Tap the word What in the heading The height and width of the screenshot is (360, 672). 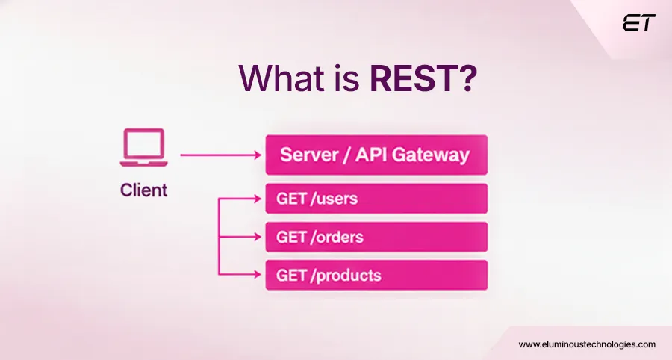pos(275,77)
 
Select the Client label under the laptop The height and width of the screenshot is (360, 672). pos(143,190)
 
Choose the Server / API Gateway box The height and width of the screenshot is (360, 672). pos(376,155)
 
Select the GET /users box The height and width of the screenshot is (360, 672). pos(376,199)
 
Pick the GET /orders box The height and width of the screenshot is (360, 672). pos(376,237)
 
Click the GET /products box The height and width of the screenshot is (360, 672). pos(376,275)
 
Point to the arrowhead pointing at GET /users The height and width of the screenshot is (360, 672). pos(259,199)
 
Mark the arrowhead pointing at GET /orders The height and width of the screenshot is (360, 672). pos(259,237)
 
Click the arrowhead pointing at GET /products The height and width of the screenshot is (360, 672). pos(259,275)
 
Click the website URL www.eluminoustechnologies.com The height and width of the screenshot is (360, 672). pos(586,344)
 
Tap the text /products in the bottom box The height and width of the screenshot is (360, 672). pos(346,275)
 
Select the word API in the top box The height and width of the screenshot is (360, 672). pos(371,155)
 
